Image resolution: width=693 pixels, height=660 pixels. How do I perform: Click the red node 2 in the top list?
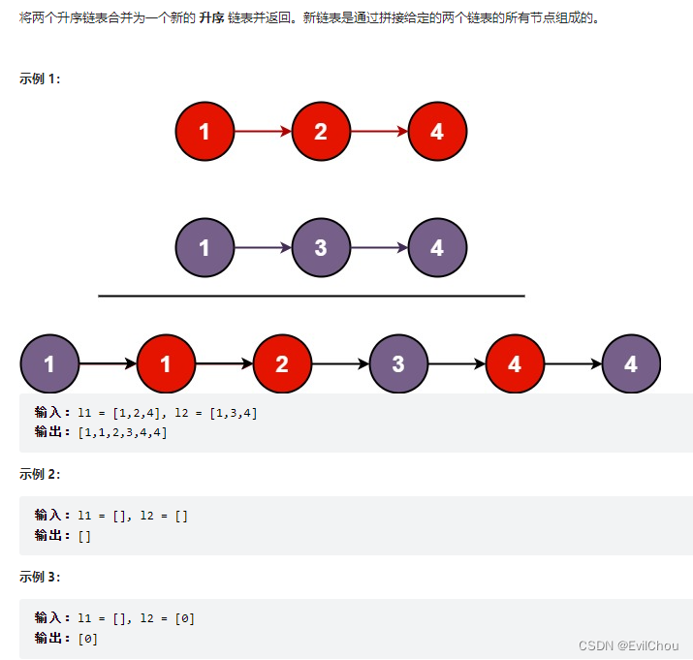(321, 132)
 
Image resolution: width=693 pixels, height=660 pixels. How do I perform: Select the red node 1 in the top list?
(205, 132)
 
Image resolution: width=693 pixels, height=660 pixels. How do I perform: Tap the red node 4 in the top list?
(437, 132)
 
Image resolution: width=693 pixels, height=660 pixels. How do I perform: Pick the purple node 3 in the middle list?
(321, 248)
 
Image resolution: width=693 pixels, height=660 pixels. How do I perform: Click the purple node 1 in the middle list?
(205, 248)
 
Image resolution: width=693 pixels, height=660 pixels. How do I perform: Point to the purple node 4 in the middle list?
(437, 248)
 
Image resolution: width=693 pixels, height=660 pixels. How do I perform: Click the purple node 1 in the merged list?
(49, 364)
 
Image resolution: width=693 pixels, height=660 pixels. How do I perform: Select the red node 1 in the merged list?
(166, 364)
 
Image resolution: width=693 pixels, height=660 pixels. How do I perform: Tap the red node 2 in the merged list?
(282, 364)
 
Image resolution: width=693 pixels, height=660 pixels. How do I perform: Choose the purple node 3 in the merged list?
(398, 364)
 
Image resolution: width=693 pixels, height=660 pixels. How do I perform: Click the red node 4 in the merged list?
(515, 364)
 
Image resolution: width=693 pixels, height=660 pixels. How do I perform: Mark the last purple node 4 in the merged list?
(631, 364)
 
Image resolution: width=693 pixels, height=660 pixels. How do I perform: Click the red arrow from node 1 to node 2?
(263, 132)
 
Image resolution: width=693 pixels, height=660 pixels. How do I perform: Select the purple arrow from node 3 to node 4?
(379, 248)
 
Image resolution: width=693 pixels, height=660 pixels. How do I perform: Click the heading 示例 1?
(40, 79)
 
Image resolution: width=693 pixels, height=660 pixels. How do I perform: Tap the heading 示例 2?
(40, 474)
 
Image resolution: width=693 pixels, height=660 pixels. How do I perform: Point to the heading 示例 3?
(40, 577)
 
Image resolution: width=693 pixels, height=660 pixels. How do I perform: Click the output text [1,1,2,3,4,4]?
(122, 432)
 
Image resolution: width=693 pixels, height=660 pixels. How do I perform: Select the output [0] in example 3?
(88, 638)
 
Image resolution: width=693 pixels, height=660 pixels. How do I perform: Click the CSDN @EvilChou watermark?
(628, 645)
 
